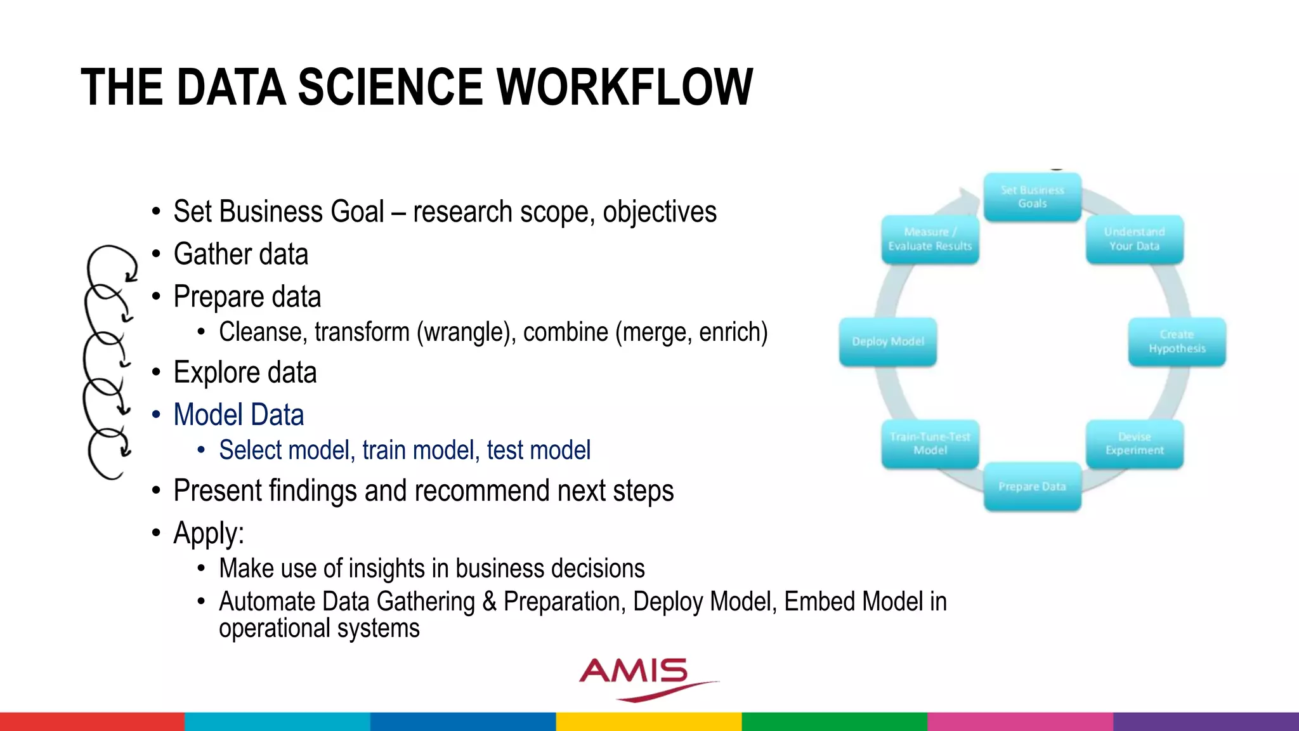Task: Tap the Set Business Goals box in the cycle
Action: pyautogui.click(x=1032, y=197)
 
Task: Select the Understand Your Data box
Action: pyautogui.click(x=1134, y=239)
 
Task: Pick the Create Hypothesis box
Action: pyautogui.click(x=1177, y=341)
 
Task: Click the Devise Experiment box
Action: pyautogui.click(x=1134, y=444)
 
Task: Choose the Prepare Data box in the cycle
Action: pyautogui.click(x=1032, y=487)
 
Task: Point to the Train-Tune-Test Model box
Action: pyautogui.click(x=930, y=444)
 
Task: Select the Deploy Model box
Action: pyautogui.click(x=887, y=341)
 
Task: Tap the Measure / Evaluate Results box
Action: pyautogui.click(x=930, y=239)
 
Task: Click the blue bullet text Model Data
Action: pyautogui.click(x=238, y=415)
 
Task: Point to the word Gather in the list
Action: pyautogui.click(x=212, y=254)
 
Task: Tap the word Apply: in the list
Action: pyautogui.click(x=209, y=534)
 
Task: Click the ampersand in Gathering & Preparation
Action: pyautogui.click(x=489, y=602)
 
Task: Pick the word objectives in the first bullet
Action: pyautogui.click(x=659, y=213)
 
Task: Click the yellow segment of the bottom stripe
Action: pyautogui.click(x=649, y=721)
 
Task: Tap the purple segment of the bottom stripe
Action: pyautogui.click(x=1206, y=721)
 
